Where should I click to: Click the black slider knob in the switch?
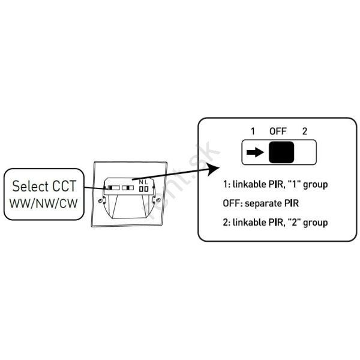(x=281, y=153)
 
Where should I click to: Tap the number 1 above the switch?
(x=253, y=131)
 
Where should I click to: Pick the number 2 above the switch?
(x=305, y=131)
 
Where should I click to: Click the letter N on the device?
(x=141, y=181)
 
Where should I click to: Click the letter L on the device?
(x=146, y=181)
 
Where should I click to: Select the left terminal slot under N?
(x=141, y=188)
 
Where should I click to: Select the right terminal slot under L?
(x=146, y=188)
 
